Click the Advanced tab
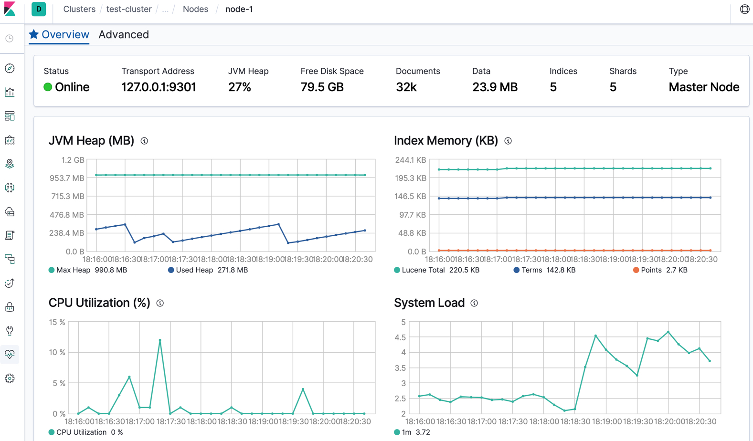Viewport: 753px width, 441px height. pos(124,34)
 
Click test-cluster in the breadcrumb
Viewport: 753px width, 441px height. pos(129,9)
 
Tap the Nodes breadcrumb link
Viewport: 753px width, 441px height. pos(195,9)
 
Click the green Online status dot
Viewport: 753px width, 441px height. pos(48,87)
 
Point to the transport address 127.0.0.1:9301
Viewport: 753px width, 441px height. pos(159,87)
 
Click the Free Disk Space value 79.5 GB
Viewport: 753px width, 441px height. pos(322,87)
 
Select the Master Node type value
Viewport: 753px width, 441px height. pos(703,87)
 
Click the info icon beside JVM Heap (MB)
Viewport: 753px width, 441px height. pos(144,141)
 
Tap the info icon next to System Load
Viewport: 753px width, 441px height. pos(474,303)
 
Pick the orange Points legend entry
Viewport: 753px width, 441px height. pos(650,270)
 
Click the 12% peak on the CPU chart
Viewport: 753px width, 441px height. pos(160,340)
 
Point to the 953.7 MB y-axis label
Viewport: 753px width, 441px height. pos(67,178)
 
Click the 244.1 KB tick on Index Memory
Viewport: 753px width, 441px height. pos(410,160)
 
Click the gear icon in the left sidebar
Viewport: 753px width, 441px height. pos(10,378)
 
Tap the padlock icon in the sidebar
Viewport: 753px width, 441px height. pos(10,307)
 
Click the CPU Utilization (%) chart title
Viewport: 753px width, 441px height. pos(99,303)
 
